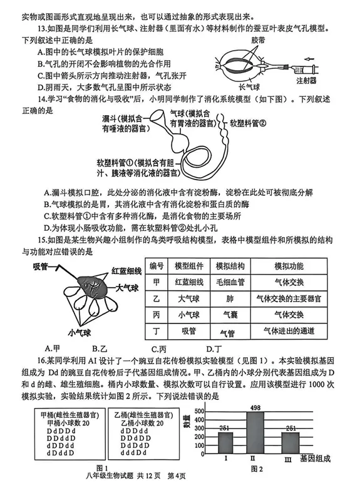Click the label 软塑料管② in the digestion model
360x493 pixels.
pyautogui.click(x=248, y=123)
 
